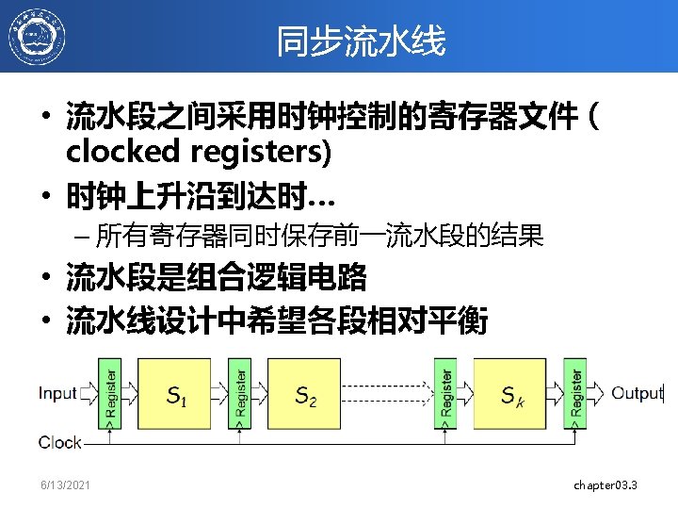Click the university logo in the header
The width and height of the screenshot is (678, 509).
click(x=37, y=38)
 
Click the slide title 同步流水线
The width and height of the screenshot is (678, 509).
click(x=361, y=41)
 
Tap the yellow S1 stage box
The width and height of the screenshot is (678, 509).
click(x=175, y=393)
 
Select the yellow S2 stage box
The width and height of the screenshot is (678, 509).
click(x=305, y=393)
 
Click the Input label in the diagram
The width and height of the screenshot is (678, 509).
click(x=58, y=393)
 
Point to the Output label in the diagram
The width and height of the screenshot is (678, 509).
click(x=638, y=393)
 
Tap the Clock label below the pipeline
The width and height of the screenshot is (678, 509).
click(x=60, y=442)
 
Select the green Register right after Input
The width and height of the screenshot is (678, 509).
click(x=110, y=392)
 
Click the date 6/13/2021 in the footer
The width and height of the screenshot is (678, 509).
click(x=66, y=484)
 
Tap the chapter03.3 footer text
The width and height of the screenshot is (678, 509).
click(x=605, y=484)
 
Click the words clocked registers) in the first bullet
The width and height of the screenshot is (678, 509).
click(x=198, y=151)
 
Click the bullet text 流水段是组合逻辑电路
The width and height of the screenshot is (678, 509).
click(x=216, y=279)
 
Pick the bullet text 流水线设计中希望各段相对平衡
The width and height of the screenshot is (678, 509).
click(x=276, y=323)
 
